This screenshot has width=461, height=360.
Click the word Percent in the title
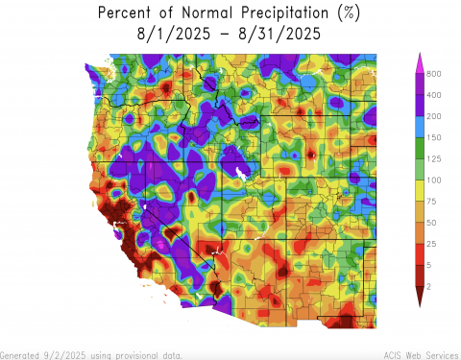tap(130, 13)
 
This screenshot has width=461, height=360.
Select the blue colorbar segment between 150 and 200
tap(420, 127)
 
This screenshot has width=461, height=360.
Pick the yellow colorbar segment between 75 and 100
tap(420, 190)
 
